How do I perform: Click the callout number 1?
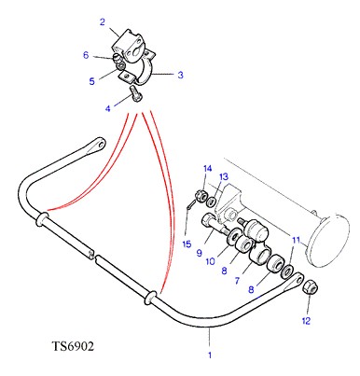click(210, 355)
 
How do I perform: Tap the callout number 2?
click(103, 22)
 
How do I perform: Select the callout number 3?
click(180, 75)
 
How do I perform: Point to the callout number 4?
click(108, 108)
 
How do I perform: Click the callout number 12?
click(306, 321)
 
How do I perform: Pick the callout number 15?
click(187, 244)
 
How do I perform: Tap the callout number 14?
click(208, 169)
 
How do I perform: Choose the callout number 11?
click(297, 240)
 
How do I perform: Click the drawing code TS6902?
click(73, 346)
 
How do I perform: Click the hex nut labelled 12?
click(310, 286)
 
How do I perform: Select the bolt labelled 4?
click(135, 93)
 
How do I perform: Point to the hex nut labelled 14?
click(200, 196)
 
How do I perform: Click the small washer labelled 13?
click(212, 201)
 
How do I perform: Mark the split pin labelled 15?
click(191, 205)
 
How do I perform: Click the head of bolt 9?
click(207, 221)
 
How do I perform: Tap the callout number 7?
click(237, 281)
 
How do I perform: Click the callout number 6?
click(86, 55)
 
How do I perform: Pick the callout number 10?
click(211, 261)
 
